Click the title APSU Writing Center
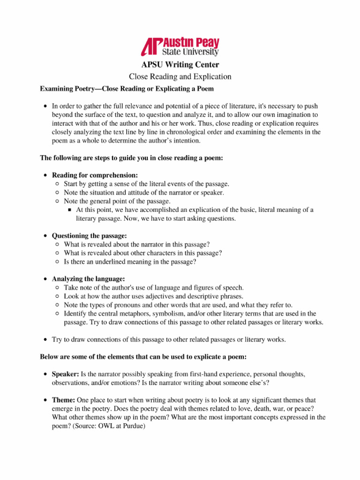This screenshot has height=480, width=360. [180, 65]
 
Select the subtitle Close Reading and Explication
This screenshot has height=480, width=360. [180, 76]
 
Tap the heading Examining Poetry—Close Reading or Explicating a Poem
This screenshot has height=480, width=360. [127, 88]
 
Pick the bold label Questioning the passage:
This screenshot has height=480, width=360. [89, 235]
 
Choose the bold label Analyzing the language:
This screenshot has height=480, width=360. [88, 279]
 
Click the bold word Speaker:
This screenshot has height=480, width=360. [65, 374]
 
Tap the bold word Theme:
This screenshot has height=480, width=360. [63, 400]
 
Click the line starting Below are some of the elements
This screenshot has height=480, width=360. [143, 357]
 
